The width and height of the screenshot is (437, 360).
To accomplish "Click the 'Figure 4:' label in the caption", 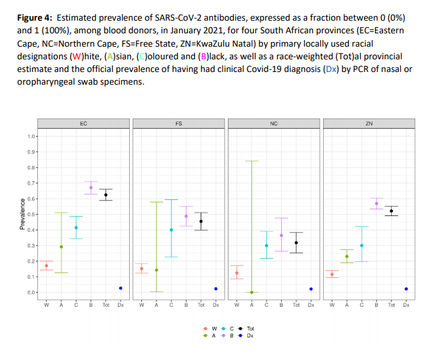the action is pyautogui.click(x=35, y=18).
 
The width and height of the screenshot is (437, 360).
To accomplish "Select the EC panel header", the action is pyautogui.click(x=84, y=123).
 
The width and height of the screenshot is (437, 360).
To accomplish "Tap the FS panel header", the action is pyautogui.click(x=179, y=123).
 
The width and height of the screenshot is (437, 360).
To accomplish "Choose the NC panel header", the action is pyautogui.click(x=274, y=123).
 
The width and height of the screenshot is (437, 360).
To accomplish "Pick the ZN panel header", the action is pyautogui.click(x=369, y=123).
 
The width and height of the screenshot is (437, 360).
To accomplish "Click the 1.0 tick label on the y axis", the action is pyautogui.click(x=31, y=137).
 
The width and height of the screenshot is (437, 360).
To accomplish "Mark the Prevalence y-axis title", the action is pyautogui.click(x=22, y=214).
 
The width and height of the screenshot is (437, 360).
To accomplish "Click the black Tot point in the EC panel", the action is pyautogui.click(x=106, y=195).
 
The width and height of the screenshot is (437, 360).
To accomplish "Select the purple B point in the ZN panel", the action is pyautogui.click(x=376, y=203).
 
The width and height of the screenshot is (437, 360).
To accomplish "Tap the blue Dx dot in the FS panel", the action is pyautogui.click(x=216, y=289).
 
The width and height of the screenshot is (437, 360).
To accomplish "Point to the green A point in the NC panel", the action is pyautogui.click(x=252, y=292).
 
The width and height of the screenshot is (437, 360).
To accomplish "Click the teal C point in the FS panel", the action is pyautogui.click(x=171, y=230).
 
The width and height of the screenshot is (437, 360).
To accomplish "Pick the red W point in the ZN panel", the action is pyautogui.click(x=332, y=275).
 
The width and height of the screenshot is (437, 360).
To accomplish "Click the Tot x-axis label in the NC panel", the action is pyautogui.click(x=296, y=305).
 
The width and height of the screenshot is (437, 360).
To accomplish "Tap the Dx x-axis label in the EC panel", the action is pyautogui.click(x=121, y=305).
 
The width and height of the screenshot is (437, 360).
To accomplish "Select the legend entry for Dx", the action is pyautogui.click(x=246, y=336).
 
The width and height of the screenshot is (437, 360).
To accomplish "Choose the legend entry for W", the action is pyautogui.click(x=210, y=329).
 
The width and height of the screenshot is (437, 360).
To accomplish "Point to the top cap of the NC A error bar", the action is pyautogui.click(x=252, y=161).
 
